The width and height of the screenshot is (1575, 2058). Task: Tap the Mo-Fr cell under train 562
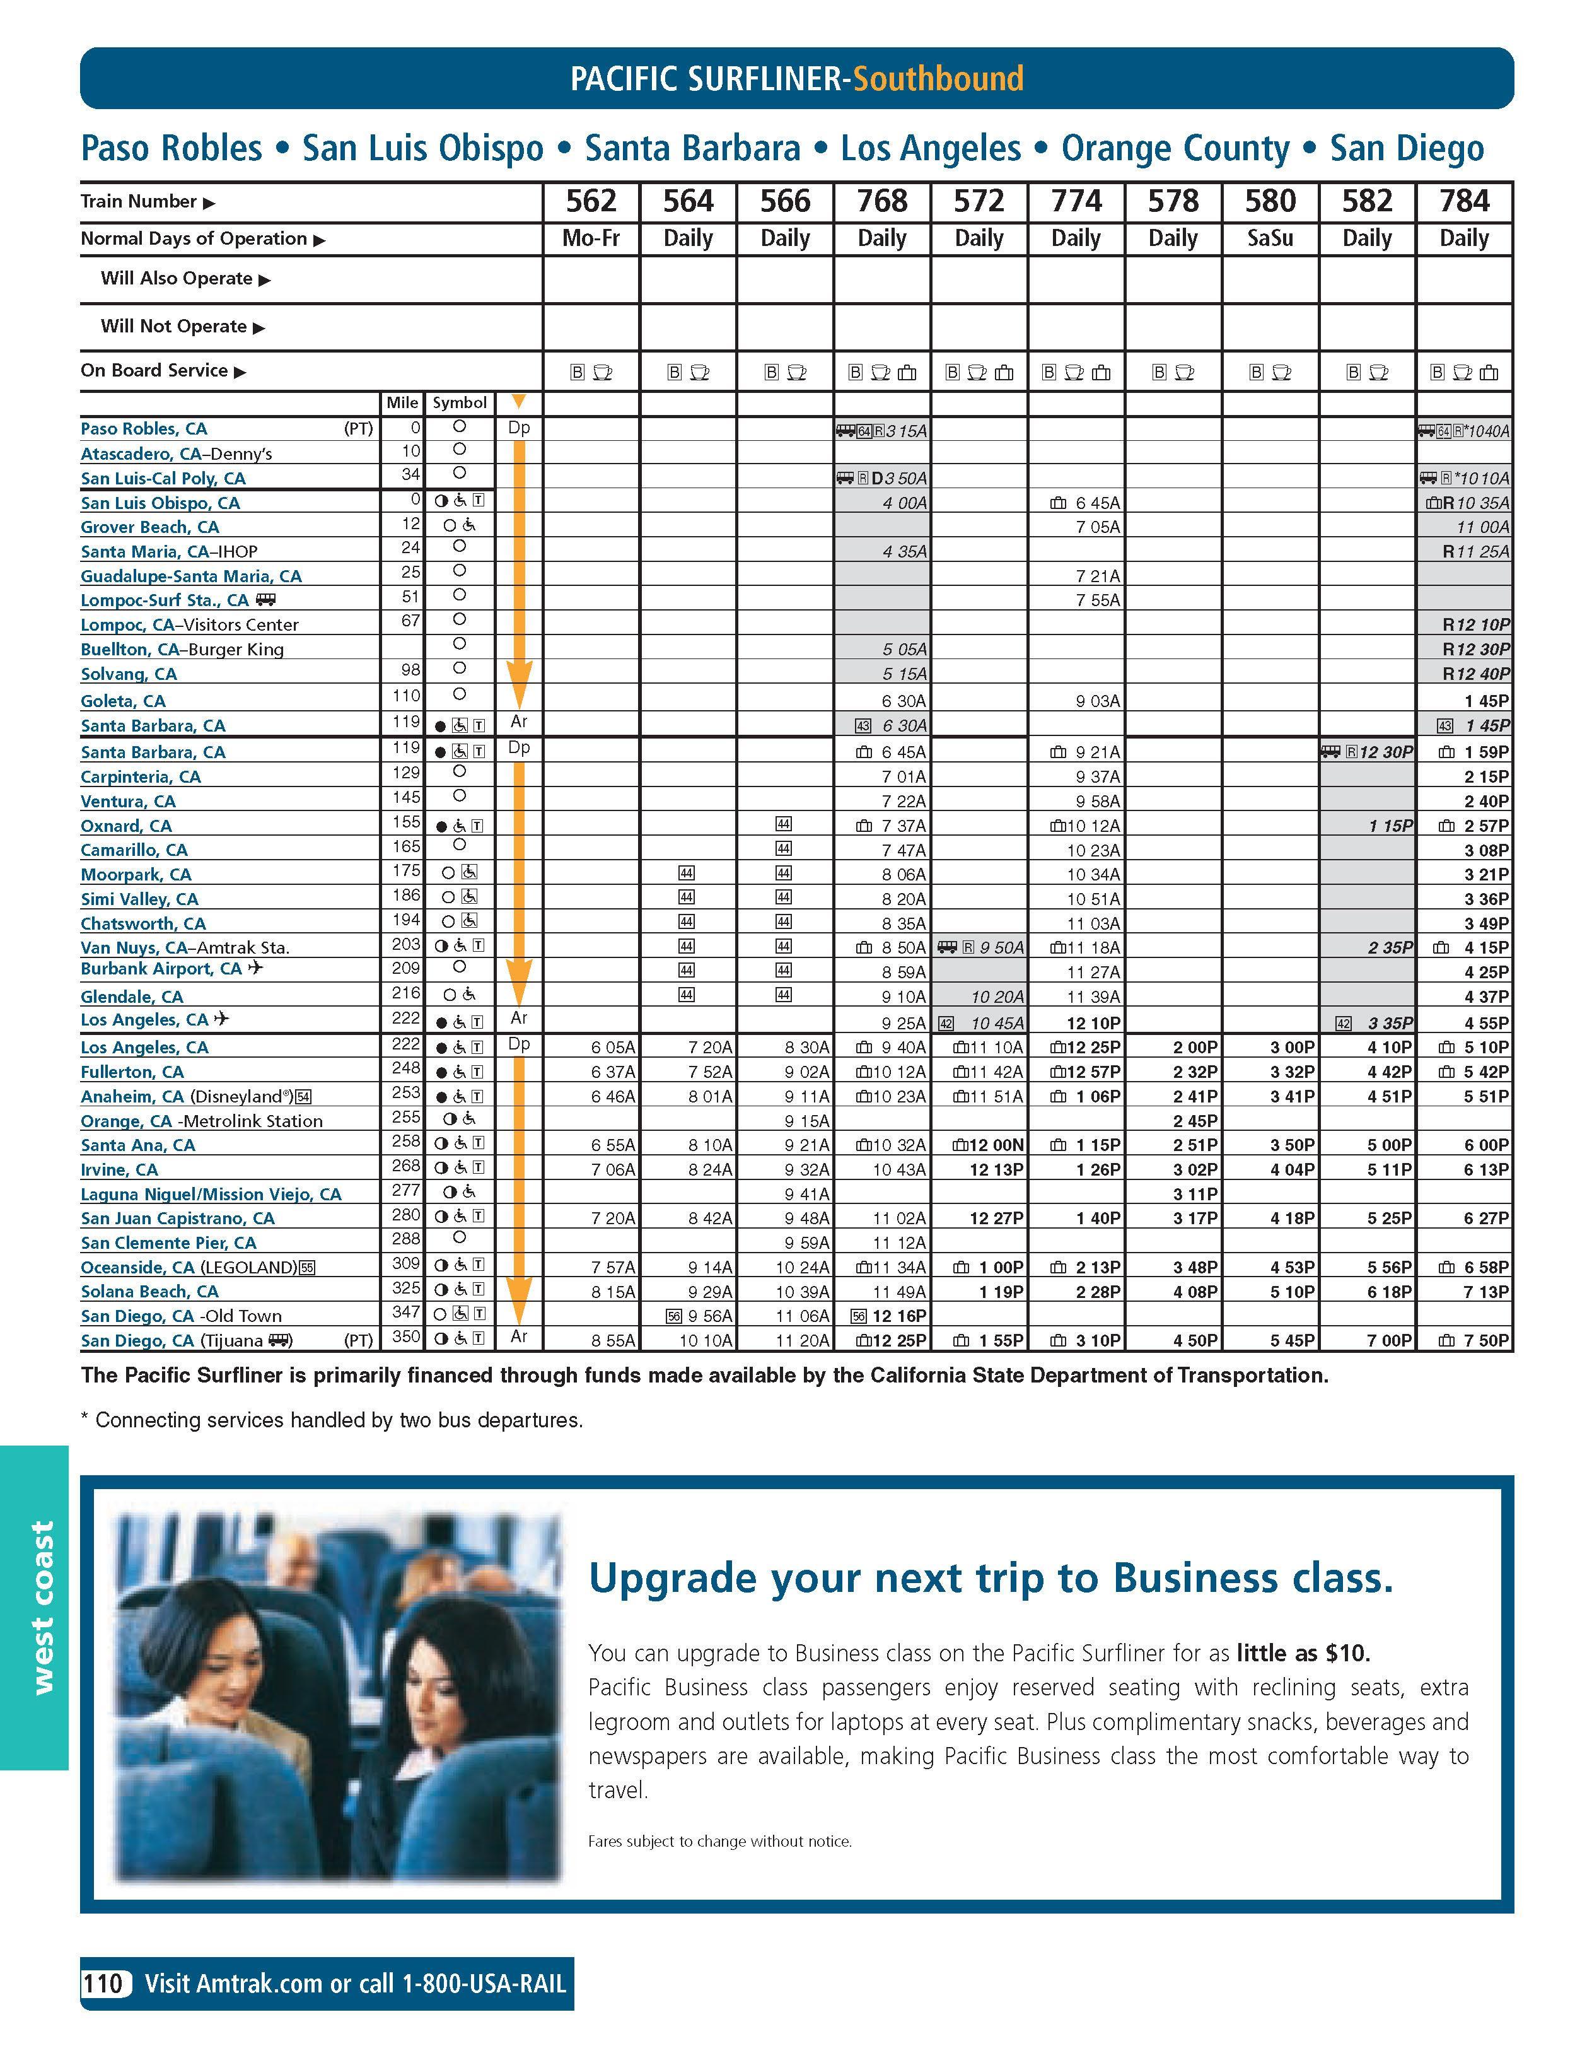click(x=591, y=238)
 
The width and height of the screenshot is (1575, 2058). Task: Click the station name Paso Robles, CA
click(x=143, y=428)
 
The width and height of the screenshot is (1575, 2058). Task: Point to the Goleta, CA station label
click(x=123, y=700)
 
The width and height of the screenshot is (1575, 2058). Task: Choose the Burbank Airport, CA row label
click(x=161, y=969)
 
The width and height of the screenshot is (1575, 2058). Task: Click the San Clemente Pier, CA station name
click(x=168, y=1242)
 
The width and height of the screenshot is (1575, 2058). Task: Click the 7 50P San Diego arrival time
click(x=1485, y=1340)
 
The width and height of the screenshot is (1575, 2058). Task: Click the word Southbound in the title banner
click(x=938, y=79)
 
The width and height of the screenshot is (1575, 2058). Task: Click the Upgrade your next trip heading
click(x=990, y=1579)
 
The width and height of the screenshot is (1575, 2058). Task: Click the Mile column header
click(x=402, y=402)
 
